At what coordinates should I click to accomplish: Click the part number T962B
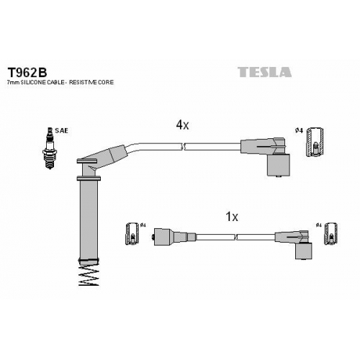(27, 71)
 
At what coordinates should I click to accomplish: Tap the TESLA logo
(265, 72)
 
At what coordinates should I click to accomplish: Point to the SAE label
(61, 130)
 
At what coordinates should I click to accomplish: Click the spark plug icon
(49, 148)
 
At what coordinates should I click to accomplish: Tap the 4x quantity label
(183, 125)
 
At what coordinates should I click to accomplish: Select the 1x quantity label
(232, 217)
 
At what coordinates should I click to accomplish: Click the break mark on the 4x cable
(183, 147)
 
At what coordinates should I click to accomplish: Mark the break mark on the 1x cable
(235, 237)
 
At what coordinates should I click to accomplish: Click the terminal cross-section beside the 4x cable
(315, 143)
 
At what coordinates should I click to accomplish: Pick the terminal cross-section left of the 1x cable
(132, 234)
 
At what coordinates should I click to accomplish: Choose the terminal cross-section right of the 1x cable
(330, 234)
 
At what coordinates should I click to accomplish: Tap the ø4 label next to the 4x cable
(299, 130)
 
